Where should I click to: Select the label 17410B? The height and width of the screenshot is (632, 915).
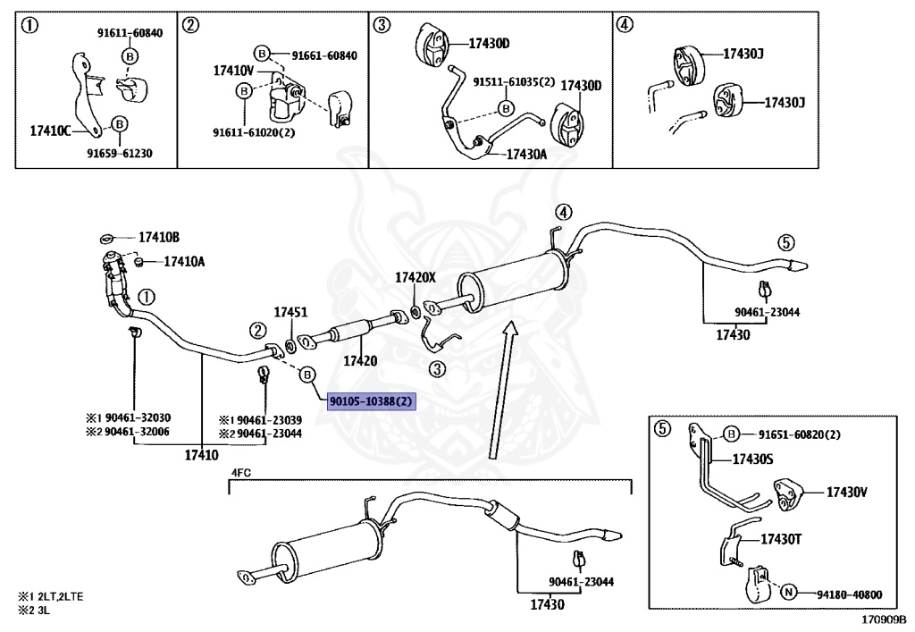pos(158,238)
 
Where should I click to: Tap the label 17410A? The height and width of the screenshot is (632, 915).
pos(183,262)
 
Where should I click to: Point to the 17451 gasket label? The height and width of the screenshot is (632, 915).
pos(290,313)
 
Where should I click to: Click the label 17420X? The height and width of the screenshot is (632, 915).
pos(416,278)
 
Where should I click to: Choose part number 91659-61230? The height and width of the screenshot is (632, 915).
pos(119,153)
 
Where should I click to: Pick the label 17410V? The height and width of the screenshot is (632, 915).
pos(233,70)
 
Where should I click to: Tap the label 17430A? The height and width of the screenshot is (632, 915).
pos(526,154)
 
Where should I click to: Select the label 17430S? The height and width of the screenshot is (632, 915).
pos(753,459)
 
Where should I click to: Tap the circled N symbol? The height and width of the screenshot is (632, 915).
pos(788,593)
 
